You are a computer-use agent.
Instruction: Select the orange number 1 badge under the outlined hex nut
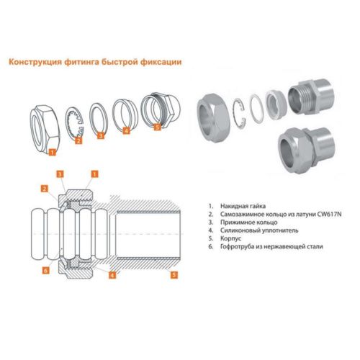click(52, 152)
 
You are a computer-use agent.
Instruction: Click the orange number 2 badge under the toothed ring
click(78, 140)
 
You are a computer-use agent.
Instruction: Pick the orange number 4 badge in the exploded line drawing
click(126, 130)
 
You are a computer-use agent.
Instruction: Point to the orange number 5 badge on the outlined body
click(157, 127)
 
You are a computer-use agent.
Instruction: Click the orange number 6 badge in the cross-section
click(45, 271)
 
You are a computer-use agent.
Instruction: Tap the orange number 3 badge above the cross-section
click(60, 174)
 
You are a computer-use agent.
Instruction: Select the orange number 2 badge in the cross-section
click(45, 189)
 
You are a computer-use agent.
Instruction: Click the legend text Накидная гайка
click(243, 206)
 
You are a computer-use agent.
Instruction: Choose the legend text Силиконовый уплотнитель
click(259, 230)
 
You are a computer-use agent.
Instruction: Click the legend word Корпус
click(230, 238)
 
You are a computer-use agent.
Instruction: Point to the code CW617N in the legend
click(329, 214)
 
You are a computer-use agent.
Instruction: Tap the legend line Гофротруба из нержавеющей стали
click(271, 246)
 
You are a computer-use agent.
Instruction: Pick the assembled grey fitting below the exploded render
click(307, 150)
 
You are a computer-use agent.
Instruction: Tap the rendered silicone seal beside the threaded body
click(276, 102)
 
